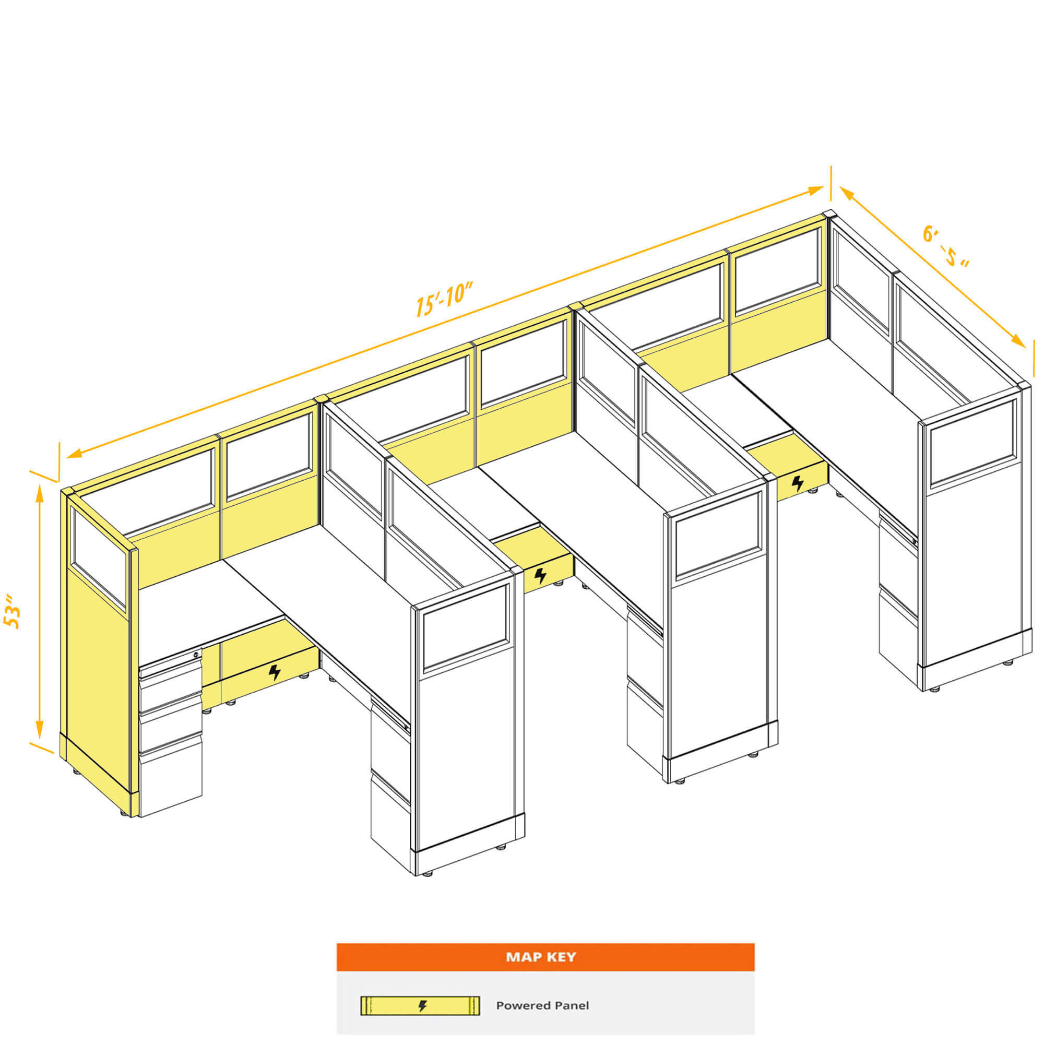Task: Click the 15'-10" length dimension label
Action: [x=444, y=299]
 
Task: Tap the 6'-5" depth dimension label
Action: [x=945, y=247]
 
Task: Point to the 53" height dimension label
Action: [x=13, y=612]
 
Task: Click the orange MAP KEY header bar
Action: [x=545, y=957]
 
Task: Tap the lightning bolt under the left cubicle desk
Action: [x=275, y=672]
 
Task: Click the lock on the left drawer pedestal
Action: [x=196, y=655]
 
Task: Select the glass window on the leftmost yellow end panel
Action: [x=99, y=559]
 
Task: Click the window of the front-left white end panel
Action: [x=466, y=627]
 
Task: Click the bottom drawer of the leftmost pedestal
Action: [x=171, y=783]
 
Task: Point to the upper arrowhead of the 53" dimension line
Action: [x=40, y=492]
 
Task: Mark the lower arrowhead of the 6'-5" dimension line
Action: [x=1017, y=340]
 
